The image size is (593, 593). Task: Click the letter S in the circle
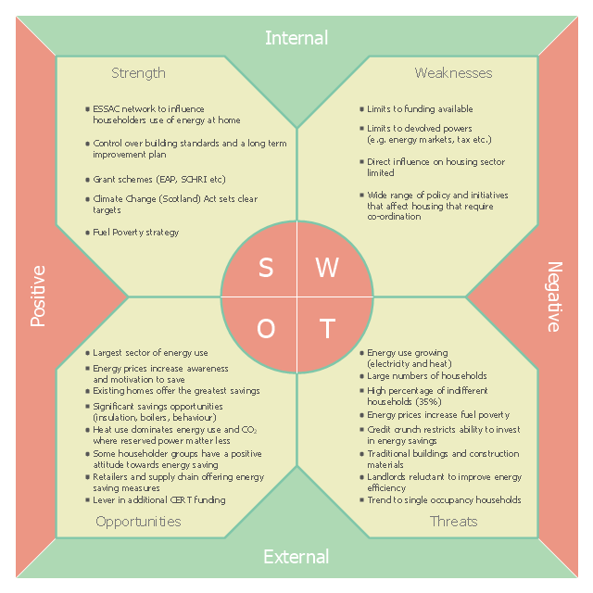(266, 268)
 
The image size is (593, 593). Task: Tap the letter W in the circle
(327, 268)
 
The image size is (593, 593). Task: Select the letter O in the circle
(266, 328)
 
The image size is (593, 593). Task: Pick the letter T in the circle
(327, 328)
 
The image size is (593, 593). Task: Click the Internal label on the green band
(296, 38)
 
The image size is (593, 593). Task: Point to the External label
(296, 557)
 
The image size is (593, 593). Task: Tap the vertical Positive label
(38, 296)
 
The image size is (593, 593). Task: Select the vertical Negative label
(555, 296)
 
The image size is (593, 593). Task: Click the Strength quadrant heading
(138, 73)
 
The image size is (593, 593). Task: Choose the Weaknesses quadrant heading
(453, 72)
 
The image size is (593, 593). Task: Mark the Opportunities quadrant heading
(138, 522)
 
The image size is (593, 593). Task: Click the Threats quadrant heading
(453, 522)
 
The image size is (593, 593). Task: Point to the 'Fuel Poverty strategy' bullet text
(136, 233)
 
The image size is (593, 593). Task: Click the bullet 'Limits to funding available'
(420, 109)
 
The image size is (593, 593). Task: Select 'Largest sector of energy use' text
(150, 353)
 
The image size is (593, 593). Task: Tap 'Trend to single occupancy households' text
(444, 500)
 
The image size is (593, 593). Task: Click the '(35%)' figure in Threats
(428, 401)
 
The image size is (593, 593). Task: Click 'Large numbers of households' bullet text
(427, 375)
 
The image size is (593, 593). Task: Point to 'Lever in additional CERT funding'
(159, 500)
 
